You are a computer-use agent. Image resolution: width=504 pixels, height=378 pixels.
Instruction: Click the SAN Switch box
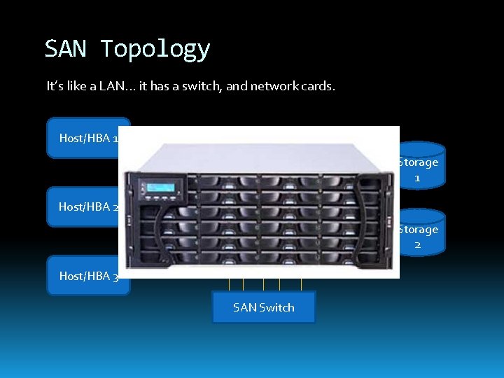[263, 307]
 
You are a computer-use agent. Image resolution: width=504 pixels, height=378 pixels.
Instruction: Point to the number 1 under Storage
[418, 178]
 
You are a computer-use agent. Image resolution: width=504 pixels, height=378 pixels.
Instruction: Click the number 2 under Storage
[418, 245]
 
